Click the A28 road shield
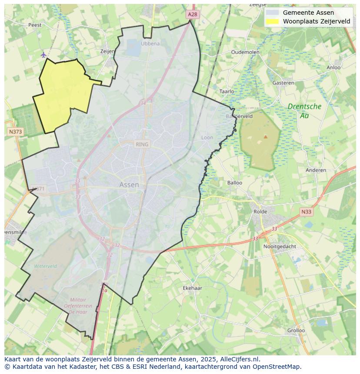pos(193,14)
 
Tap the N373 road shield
pos(15,131)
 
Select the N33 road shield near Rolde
pos(306,212)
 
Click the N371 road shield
pos(38,189)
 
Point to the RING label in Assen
pos(142,144)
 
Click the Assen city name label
pos(129,185)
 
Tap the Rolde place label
pos(260,212)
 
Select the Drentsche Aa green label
pos(304,111)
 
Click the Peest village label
pos(35,25)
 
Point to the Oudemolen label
pos(245,52)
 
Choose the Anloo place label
pos(333,67)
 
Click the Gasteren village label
pos(283,83)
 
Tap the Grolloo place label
pos(296,330)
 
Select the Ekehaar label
pos(192,288)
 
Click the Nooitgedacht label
pos(280,246)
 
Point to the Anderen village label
pos(316,170)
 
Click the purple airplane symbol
pos(43,55)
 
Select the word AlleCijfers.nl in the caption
pos(239,359)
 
